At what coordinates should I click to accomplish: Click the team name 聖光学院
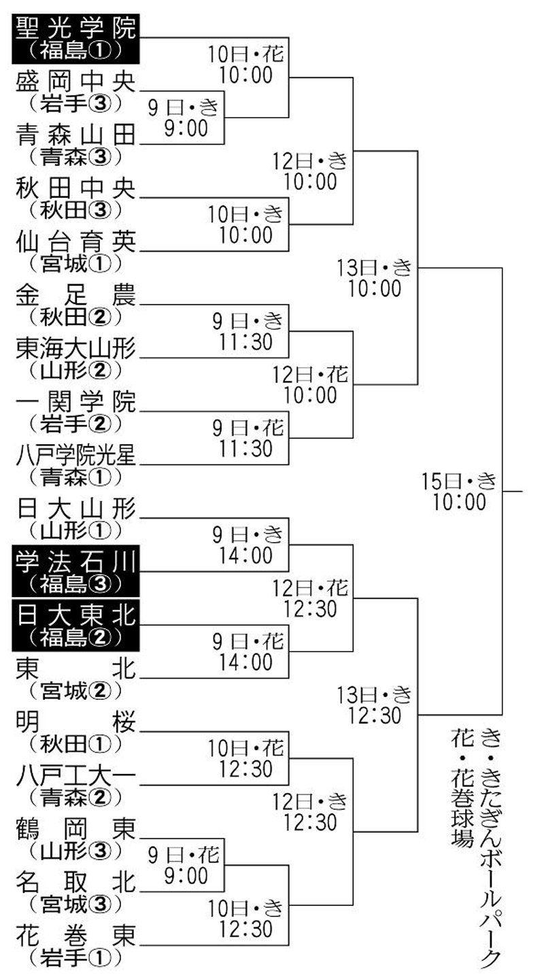point(75,28)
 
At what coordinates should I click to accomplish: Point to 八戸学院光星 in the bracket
point(75,456)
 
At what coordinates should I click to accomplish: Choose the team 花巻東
point(75,938)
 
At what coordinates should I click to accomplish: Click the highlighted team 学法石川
point(75,562)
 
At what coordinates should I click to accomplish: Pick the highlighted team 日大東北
point(75,615)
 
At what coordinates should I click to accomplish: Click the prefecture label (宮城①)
point(75,263)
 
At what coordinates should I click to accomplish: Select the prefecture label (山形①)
point(75,529)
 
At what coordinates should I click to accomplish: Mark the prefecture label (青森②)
point(75,796)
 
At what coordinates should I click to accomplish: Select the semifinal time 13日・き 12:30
point(374,705)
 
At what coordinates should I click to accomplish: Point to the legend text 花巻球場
point(462,789)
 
